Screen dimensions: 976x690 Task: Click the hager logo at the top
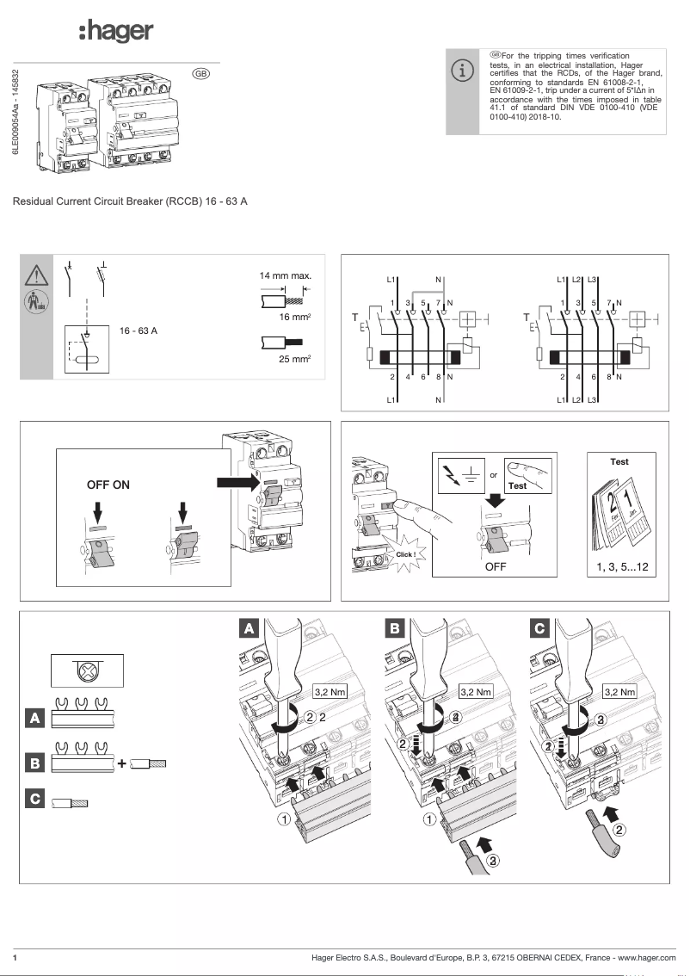116,32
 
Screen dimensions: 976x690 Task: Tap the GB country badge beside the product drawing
200,74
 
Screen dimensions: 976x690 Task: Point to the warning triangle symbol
37,275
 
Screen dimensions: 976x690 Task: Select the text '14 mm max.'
285,276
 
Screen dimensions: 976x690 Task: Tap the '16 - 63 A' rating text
139,331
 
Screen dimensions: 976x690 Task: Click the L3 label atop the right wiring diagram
593,281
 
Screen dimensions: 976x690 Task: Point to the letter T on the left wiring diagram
354,318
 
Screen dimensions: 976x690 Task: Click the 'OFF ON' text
108,485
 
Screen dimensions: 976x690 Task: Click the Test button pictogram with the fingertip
527,474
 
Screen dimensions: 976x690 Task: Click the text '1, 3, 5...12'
620,567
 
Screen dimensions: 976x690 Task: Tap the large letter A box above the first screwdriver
248,628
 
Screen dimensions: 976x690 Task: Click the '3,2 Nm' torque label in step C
619,691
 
